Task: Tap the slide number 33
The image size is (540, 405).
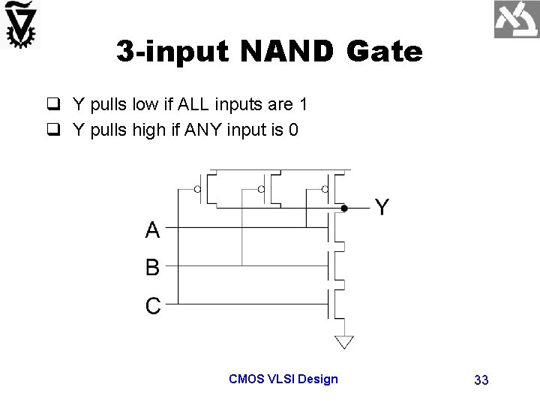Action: [481, 380]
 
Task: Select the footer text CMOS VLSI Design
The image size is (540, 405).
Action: [283, 379]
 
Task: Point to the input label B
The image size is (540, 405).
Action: [152, 266]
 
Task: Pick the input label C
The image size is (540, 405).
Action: [152, 305]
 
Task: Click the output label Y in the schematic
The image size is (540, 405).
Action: [382, 208]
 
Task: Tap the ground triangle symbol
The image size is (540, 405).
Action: [343, 342]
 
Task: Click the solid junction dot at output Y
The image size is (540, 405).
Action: [343, 208]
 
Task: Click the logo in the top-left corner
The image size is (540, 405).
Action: [21, 25]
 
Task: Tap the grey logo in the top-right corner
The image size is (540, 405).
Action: [517, 20]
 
